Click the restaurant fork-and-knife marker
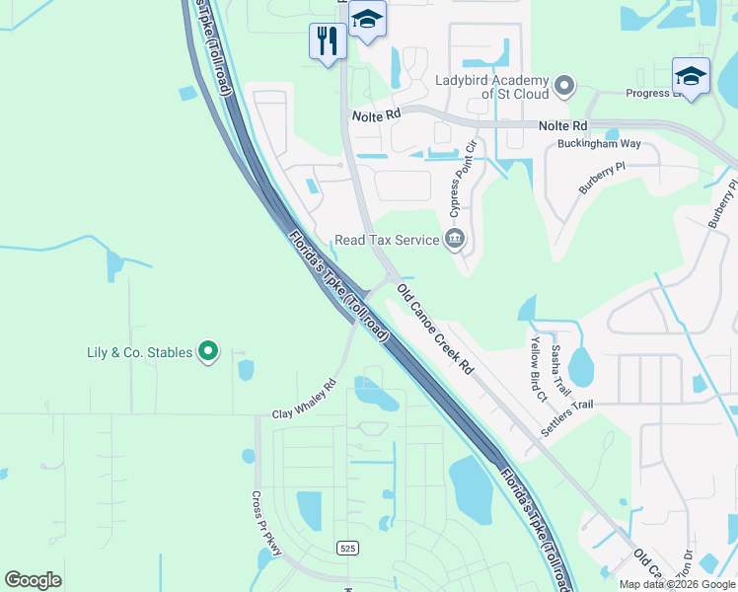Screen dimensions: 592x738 tap(328, 40)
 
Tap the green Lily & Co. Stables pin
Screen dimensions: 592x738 tap(208, 351)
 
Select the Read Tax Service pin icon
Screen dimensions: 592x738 tap(455, 239)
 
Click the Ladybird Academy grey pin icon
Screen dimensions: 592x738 tap(564, 87)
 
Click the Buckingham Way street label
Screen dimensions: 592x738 tap(599, 143)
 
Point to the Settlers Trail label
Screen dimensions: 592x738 tap(567, 419)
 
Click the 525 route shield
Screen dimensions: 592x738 tap(346, 548)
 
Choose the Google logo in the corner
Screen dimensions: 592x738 tap(33, 579)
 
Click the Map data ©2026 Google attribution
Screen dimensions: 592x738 tap(677, 584)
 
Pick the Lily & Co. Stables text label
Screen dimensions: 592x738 tap(138, 352)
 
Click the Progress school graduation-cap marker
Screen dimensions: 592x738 tap(691, 76)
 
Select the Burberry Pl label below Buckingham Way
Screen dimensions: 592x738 tap(602, 179)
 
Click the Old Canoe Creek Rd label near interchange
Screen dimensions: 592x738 tap(435, 330)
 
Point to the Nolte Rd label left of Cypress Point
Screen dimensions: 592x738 tap(377, 115)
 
